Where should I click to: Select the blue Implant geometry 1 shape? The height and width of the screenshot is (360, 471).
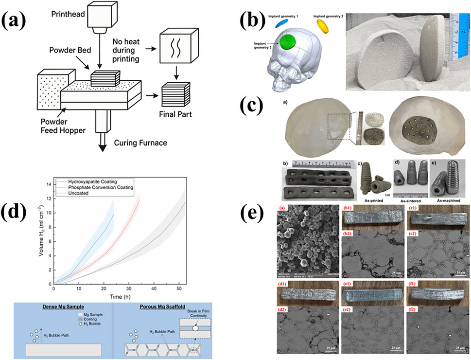tap(281, 22)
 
